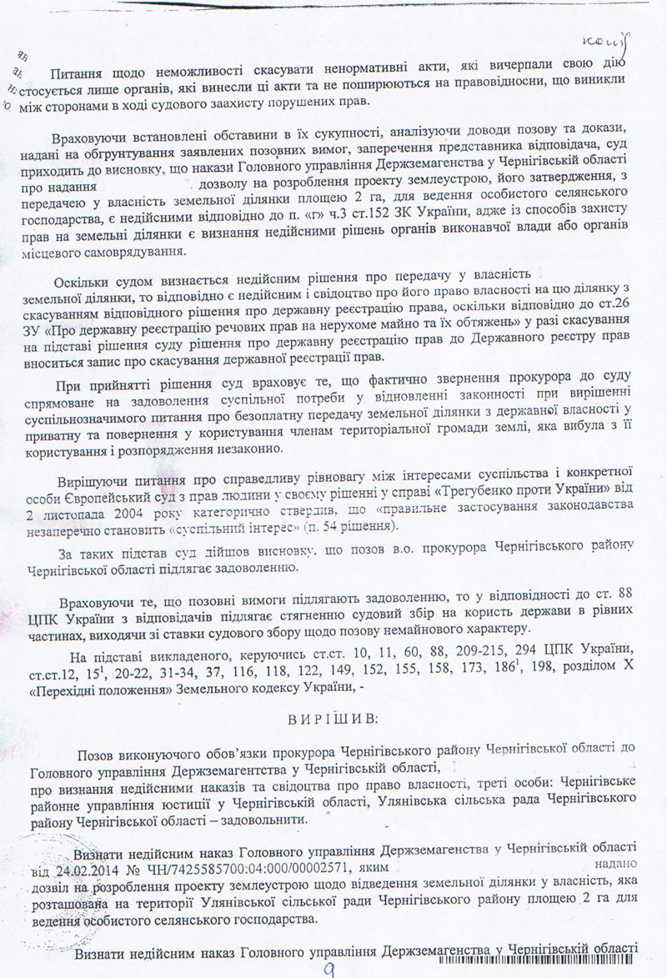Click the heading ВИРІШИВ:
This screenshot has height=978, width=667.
334,718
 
